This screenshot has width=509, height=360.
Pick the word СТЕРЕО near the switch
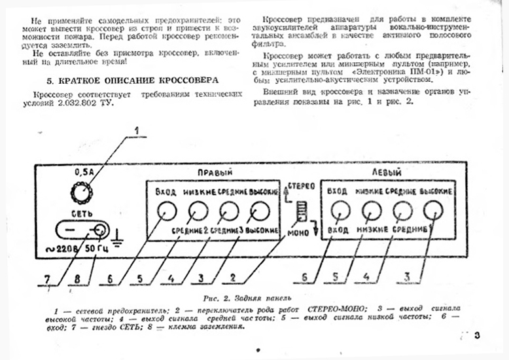click(304, 187)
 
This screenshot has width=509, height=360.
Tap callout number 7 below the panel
click(46, 279)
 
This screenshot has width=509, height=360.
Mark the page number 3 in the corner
click(478, 336)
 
